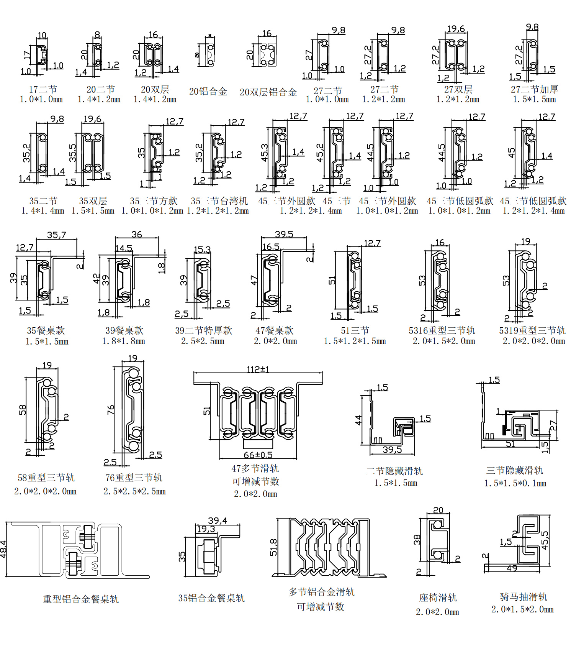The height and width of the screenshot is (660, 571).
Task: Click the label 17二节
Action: pos(43,89)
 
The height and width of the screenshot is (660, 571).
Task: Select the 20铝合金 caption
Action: pos(208,92)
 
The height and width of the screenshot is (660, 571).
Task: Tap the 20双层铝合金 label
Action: pos(268,92)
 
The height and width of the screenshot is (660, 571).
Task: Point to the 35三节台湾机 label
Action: pos(219,201)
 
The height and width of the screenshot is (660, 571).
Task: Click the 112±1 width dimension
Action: pos(258,369)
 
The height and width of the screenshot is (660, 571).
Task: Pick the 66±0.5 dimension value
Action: pos(258,455)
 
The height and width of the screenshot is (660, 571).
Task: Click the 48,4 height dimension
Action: pos(3,549)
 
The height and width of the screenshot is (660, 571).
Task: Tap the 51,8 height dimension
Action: pos(273,547)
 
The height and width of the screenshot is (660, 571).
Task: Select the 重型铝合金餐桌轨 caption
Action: pos(81,599)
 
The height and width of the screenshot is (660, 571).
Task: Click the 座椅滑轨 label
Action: pos(438,598)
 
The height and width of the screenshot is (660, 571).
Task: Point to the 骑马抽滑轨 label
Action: pos(523,597)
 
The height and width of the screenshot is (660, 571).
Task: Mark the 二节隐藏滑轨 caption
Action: pos(394,471)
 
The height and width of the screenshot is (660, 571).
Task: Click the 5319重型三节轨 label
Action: pos(532,330)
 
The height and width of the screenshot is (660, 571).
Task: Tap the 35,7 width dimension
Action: pos(56,235)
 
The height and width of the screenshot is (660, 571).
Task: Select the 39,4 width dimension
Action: pos(218,520)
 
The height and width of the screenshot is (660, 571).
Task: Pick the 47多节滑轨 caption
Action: pos(255,468)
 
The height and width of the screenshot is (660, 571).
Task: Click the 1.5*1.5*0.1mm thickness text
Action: pos(515,483)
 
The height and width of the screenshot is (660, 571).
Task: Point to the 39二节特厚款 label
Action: pos(203,330)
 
